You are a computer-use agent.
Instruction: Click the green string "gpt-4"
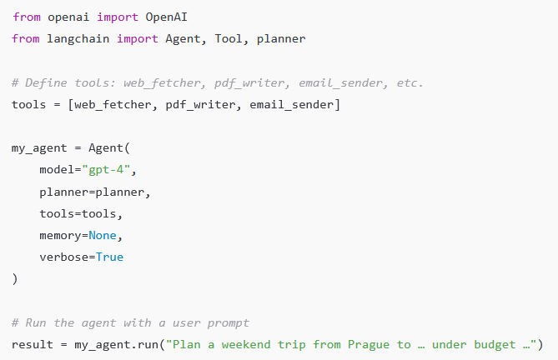(x=109, y=170)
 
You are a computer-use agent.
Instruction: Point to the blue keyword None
(x=106, y=235)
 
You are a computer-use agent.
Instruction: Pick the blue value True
(x=109, y=257)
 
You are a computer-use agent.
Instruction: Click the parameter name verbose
(x=64, y=257)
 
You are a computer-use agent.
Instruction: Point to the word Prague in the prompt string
(x=369, y=344)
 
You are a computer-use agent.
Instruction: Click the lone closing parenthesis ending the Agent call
(x=15, y=278)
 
